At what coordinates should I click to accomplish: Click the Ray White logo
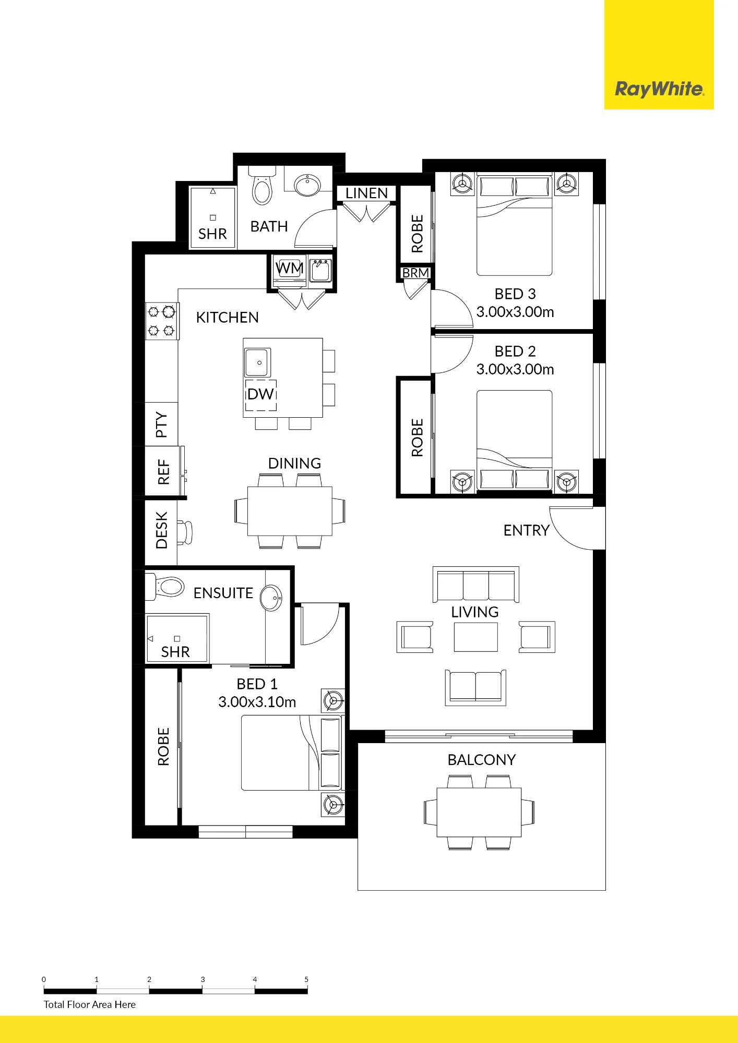pos(659,89)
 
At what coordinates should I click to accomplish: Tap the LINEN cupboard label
pos(366,193)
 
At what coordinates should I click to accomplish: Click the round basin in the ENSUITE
pos(271,598)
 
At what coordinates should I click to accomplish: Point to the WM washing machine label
pos(290,268)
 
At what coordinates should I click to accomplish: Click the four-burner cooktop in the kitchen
pos(162,321)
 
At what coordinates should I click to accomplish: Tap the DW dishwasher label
pos(261,394)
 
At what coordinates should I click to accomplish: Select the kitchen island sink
pos(258,362)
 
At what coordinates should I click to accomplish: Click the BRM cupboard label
pos(415,273)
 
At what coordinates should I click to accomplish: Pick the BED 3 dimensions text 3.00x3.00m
pos(515,312)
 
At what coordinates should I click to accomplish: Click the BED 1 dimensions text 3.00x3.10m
pos(257,702)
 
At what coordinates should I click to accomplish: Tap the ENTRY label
pos(527,530)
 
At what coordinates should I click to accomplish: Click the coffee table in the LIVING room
pos(475,637)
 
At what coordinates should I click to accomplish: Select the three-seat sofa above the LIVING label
pos(475,584)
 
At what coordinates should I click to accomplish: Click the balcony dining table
pos(479,812)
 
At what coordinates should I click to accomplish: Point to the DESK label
pos(162,530)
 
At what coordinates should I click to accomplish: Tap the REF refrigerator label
pos(164,472)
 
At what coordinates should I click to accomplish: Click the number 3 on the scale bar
pos(203,979)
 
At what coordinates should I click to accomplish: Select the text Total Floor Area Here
pos(90,1004)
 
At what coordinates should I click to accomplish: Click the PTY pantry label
pos(162,425)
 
